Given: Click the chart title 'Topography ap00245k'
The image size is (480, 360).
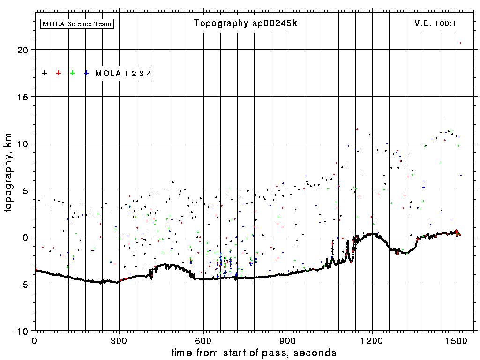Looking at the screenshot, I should [x=246, y=23].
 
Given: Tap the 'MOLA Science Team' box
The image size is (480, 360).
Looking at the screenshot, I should [x=77, y=23].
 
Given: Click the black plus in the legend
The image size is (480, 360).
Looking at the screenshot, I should [x=45, y=73].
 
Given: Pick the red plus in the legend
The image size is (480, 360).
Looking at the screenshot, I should [x=59, y=73].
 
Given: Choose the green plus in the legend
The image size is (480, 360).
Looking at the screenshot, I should [x=73, y=73].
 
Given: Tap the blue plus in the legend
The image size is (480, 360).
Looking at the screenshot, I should [x=87, y=73].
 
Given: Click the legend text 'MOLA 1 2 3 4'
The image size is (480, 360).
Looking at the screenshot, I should [x=124, y=74].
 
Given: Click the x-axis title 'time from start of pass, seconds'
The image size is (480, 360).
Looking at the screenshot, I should [x=254, y=352].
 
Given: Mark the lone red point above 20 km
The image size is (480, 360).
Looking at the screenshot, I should [x=460, y=43].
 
